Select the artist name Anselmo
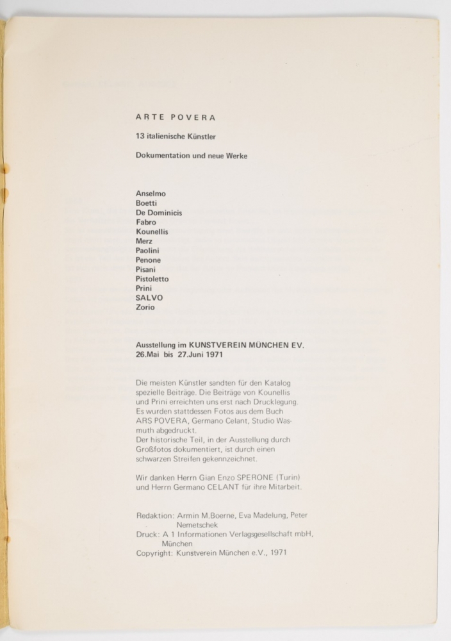(151, 194)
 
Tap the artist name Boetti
(147, 203)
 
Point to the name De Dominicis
(159, 213)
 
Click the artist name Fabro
(146, 222)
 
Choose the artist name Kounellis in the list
(152, 231)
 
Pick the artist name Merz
(145, 241)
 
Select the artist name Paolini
(149, 251)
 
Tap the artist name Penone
(149, 260)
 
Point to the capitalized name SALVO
(149, 298)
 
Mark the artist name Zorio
(145, 308)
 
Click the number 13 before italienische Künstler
(140, 137)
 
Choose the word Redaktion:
(155, 515)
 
